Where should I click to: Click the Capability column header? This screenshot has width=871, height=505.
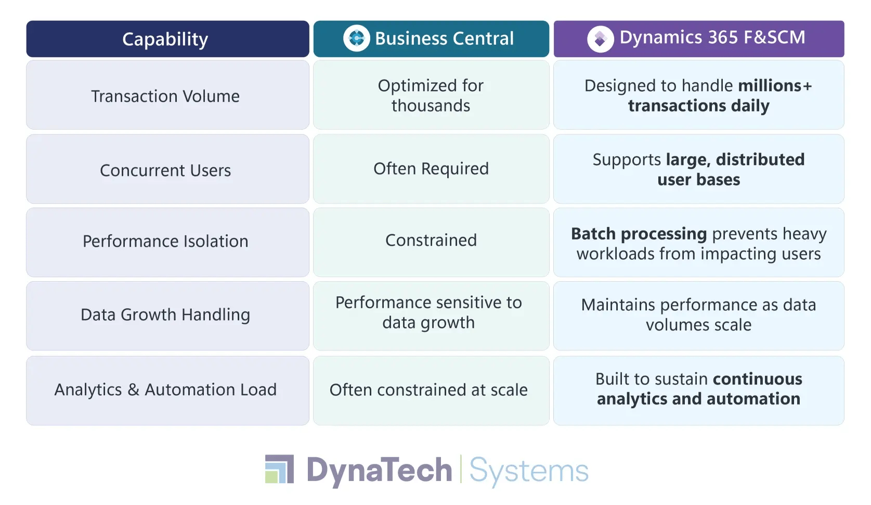tap(165, 39)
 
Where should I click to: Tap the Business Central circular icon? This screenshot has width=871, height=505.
tap(357, 38)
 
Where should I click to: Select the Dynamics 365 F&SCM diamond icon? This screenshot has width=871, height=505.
tap(601, 39)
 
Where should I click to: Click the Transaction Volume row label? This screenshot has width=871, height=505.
tap(165, 96)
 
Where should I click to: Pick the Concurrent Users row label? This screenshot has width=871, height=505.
tap(165, 170)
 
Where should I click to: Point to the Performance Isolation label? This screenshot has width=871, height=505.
tap(165, 241)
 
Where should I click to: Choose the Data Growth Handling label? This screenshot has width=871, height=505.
tap(165, 314)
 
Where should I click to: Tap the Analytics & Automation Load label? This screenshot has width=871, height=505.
tap(165, 389)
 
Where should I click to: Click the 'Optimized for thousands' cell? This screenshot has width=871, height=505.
tap(431, 95)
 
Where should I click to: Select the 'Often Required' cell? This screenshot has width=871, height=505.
tap(431, 169)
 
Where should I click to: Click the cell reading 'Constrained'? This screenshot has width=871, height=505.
tap(431, 240)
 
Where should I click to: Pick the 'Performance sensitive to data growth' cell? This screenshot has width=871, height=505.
tap(428, 312)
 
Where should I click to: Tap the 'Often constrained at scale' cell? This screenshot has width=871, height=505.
tap(428, 390)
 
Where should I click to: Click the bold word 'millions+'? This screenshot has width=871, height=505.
tap(775, 85)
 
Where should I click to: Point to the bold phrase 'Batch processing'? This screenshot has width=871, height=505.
tap(639, 234)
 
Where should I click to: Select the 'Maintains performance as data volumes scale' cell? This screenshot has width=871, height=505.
tap(698, 314)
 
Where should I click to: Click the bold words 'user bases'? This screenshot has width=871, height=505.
tap(698, 180)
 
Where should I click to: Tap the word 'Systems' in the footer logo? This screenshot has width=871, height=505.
tap(529, 471)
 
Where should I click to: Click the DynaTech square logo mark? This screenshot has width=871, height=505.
tap(279, 469)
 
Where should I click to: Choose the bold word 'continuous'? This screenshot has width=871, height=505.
tap(757, 379)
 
